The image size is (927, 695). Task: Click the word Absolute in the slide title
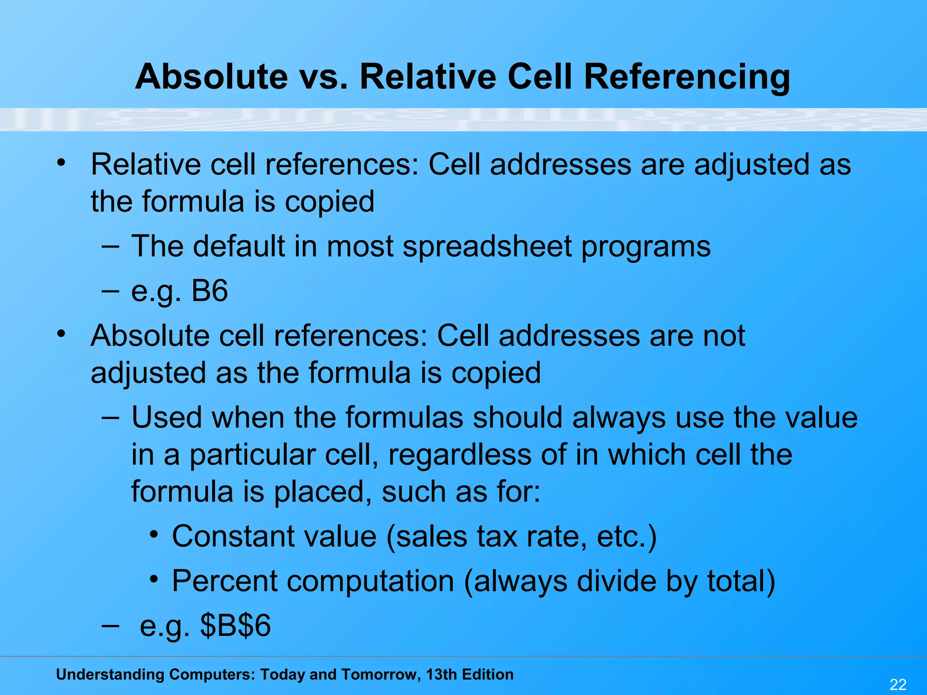point(211,77)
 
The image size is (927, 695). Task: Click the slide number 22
point(898,685)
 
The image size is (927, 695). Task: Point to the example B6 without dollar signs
point(209,291)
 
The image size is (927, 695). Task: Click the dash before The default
point(110,247)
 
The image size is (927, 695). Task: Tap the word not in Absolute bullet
point(723,336)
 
